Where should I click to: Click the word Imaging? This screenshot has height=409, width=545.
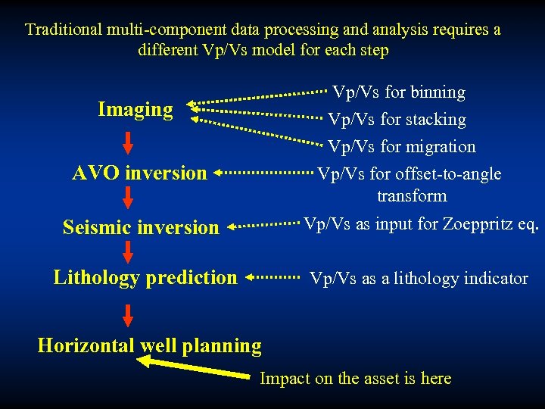(135, 110)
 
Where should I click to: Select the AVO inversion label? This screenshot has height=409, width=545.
(139, 173)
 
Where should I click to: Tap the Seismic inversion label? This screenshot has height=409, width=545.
(141, 227)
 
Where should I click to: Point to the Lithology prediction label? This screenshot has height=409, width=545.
(145, 277)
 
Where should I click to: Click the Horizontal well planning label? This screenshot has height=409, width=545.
(149, 346)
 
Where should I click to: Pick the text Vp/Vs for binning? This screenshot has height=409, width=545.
(399, 92)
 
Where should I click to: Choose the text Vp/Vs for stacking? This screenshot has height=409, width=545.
(397, 120)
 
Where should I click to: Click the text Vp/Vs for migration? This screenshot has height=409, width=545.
(401, 147)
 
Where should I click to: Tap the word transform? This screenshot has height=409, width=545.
(412, 196)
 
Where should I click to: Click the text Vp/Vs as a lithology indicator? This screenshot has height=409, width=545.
(419, 279)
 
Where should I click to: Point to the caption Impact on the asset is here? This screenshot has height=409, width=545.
(355, 379)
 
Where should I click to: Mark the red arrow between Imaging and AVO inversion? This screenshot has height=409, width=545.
(128, 142)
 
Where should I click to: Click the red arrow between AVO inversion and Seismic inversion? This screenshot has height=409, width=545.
(128, 198)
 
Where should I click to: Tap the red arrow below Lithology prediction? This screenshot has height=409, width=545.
(128, 314)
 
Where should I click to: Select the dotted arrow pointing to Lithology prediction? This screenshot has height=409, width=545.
(273, 278)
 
